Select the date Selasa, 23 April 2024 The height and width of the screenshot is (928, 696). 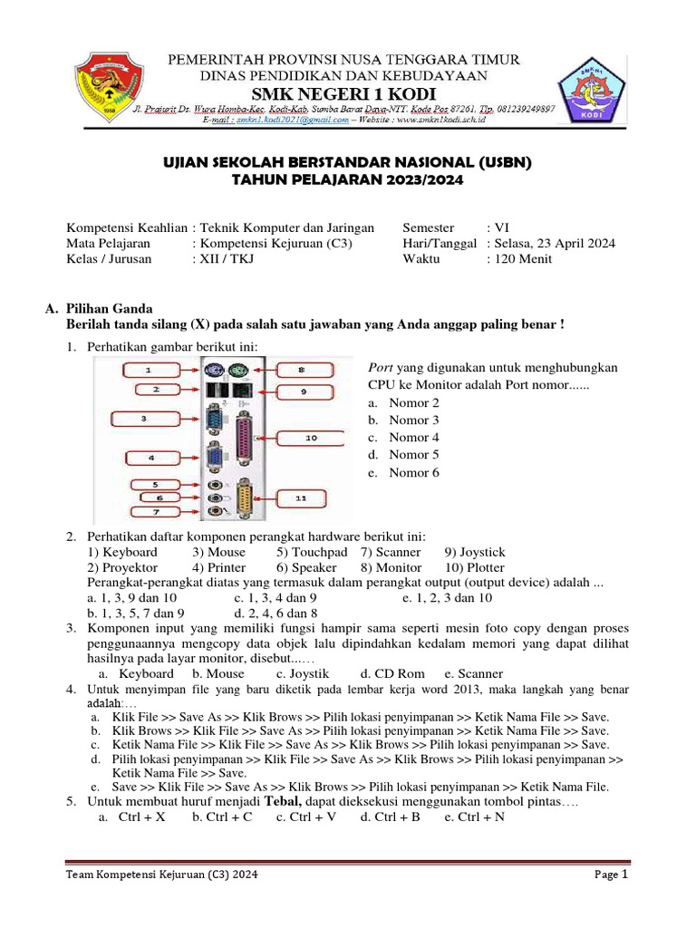[x=555, y=243]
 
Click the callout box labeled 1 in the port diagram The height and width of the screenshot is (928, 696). [x=150, y=370]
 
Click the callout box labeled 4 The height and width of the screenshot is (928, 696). [x=150, y=458]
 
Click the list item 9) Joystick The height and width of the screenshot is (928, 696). [x=475, y=552]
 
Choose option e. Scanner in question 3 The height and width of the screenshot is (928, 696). [x=473, y=674]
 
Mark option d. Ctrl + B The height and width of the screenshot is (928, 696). [x=390, y=817]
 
